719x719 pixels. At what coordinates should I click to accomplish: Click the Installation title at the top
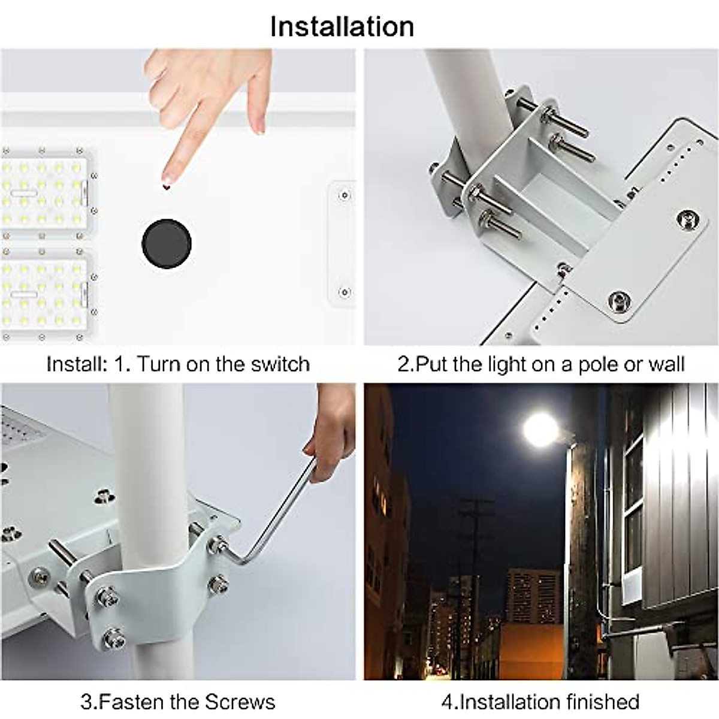tap(342, 27)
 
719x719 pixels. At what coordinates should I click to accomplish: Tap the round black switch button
tap(167, 244)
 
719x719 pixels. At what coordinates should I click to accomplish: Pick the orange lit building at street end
tap(530, 644)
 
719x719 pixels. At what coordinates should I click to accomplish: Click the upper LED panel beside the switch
tap(45, 192)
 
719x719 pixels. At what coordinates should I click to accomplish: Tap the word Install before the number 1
tap(75, 364)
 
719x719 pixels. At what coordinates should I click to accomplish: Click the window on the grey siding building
tap(634, 509)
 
